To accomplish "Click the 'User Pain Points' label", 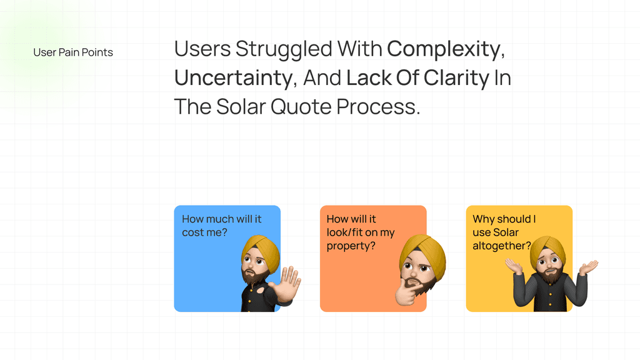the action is click(x=73, y=52).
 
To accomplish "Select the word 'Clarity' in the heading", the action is click(x=456, y=78).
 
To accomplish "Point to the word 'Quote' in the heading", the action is click(x=301, y=107).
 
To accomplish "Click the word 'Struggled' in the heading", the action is click(x=284, y=49).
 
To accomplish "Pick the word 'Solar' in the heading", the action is click(x=241, y=107).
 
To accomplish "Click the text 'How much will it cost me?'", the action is click(x=222, y=226).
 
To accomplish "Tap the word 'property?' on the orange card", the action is click(x=351, y=246).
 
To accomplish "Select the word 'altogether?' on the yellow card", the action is click(x=502, y=246).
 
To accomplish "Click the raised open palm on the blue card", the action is click(x=287, y=283).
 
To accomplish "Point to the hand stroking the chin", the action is click(x=408, y=291).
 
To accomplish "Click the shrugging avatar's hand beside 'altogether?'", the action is click(x=514, y=266).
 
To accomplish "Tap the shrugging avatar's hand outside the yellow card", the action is click(x=588, y=267).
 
